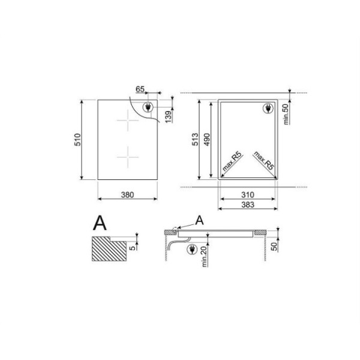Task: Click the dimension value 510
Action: [x=77, y=140]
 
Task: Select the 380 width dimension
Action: [x=127, y=195]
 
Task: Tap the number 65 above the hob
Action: [x=140, y=89]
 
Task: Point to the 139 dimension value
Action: [x=168, y=116]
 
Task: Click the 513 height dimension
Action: [x=195, y=139]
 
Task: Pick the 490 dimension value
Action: [x=207, y=140]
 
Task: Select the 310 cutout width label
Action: [x=248, y=195]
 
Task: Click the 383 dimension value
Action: [x=248, y=205]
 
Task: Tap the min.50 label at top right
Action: [x=286, y=115]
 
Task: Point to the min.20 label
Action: [x=205, y=256]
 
